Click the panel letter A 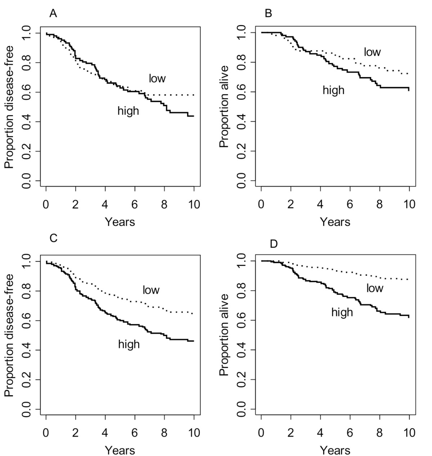(x=53, y=13)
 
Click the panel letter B (x=268, y=13)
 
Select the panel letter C (x=54, y=238)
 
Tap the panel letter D (x=274, y=244)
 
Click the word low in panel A (x=157, y=78)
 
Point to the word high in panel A (x=128, y=110)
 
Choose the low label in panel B (x=372, y=52)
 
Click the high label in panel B (x=333, y=90)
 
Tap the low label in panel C (x=151, y=290)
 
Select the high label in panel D (x=342, y=312)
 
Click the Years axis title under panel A (x=120, y=222)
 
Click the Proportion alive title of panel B (x=224, y=107)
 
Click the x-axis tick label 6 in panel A (x=135, y=204)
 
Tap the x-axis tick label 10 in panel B (x=409, y=204)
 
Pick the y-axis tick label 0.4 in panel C (x=27, y=350)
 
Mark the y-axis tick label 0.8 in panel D (x=242, y=291)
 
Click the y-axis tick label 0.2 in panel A (x=27, y=152)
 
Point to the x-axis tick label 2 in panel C (x=75, y=433)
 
